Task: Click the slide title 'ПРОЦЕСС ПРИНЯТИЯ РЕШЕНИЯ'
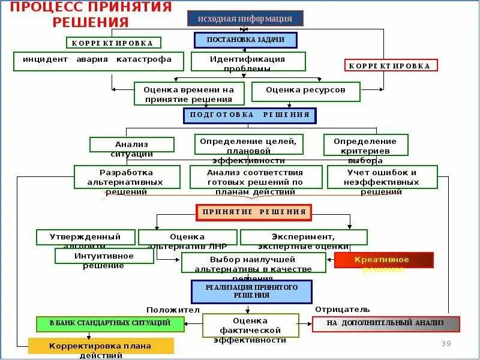pyautogui.click(x=90, y=14)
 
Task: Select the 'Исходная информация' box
pyautogui.click(x=245, y=19)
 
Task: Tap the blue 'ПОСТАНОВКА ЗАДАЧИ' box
pyautogui.click(x=245, y=40)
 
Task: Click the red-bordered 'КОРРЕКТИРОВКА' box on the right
pyautogui.click(x=391, y=66)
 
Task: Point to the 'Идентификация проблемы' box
pyautogui.click(x=248, y=62)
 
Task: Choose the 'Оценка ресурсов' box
pyautogui.click(x=305, y=91)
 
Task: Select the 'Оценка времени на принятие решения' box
pyautogui.click(x=188, y=93)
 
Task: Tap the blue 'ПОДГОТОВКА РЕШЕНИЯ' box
pyautogui.click(x=250, y=115)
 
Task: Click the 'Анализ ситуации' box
pyautogui.click(x=132, y=145)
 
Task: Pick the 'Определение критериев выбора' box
pyautogui.click(x=366, y=145)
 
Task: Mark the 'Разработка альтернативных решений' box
pyautogui.click(x=127, y=177)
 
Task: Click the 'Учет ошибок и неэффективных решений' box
pyautogui.click(x=383, y=177)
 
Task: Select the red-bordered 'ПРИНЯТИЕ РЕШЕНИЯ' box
pyautogui.click(x=254, y=212)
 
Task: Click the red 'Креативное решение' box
pyautogui.click(x=383, y=260)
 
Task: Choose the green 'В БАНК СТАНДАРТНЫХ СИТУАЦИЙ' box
pyautogui.click(x=110, y=323)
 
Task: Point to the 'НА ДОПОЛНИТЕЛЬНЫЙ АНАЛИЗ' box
pyautogui.click(x=386, y=324)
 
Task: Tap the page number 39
pyautogui.click(x=446, y=343)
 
